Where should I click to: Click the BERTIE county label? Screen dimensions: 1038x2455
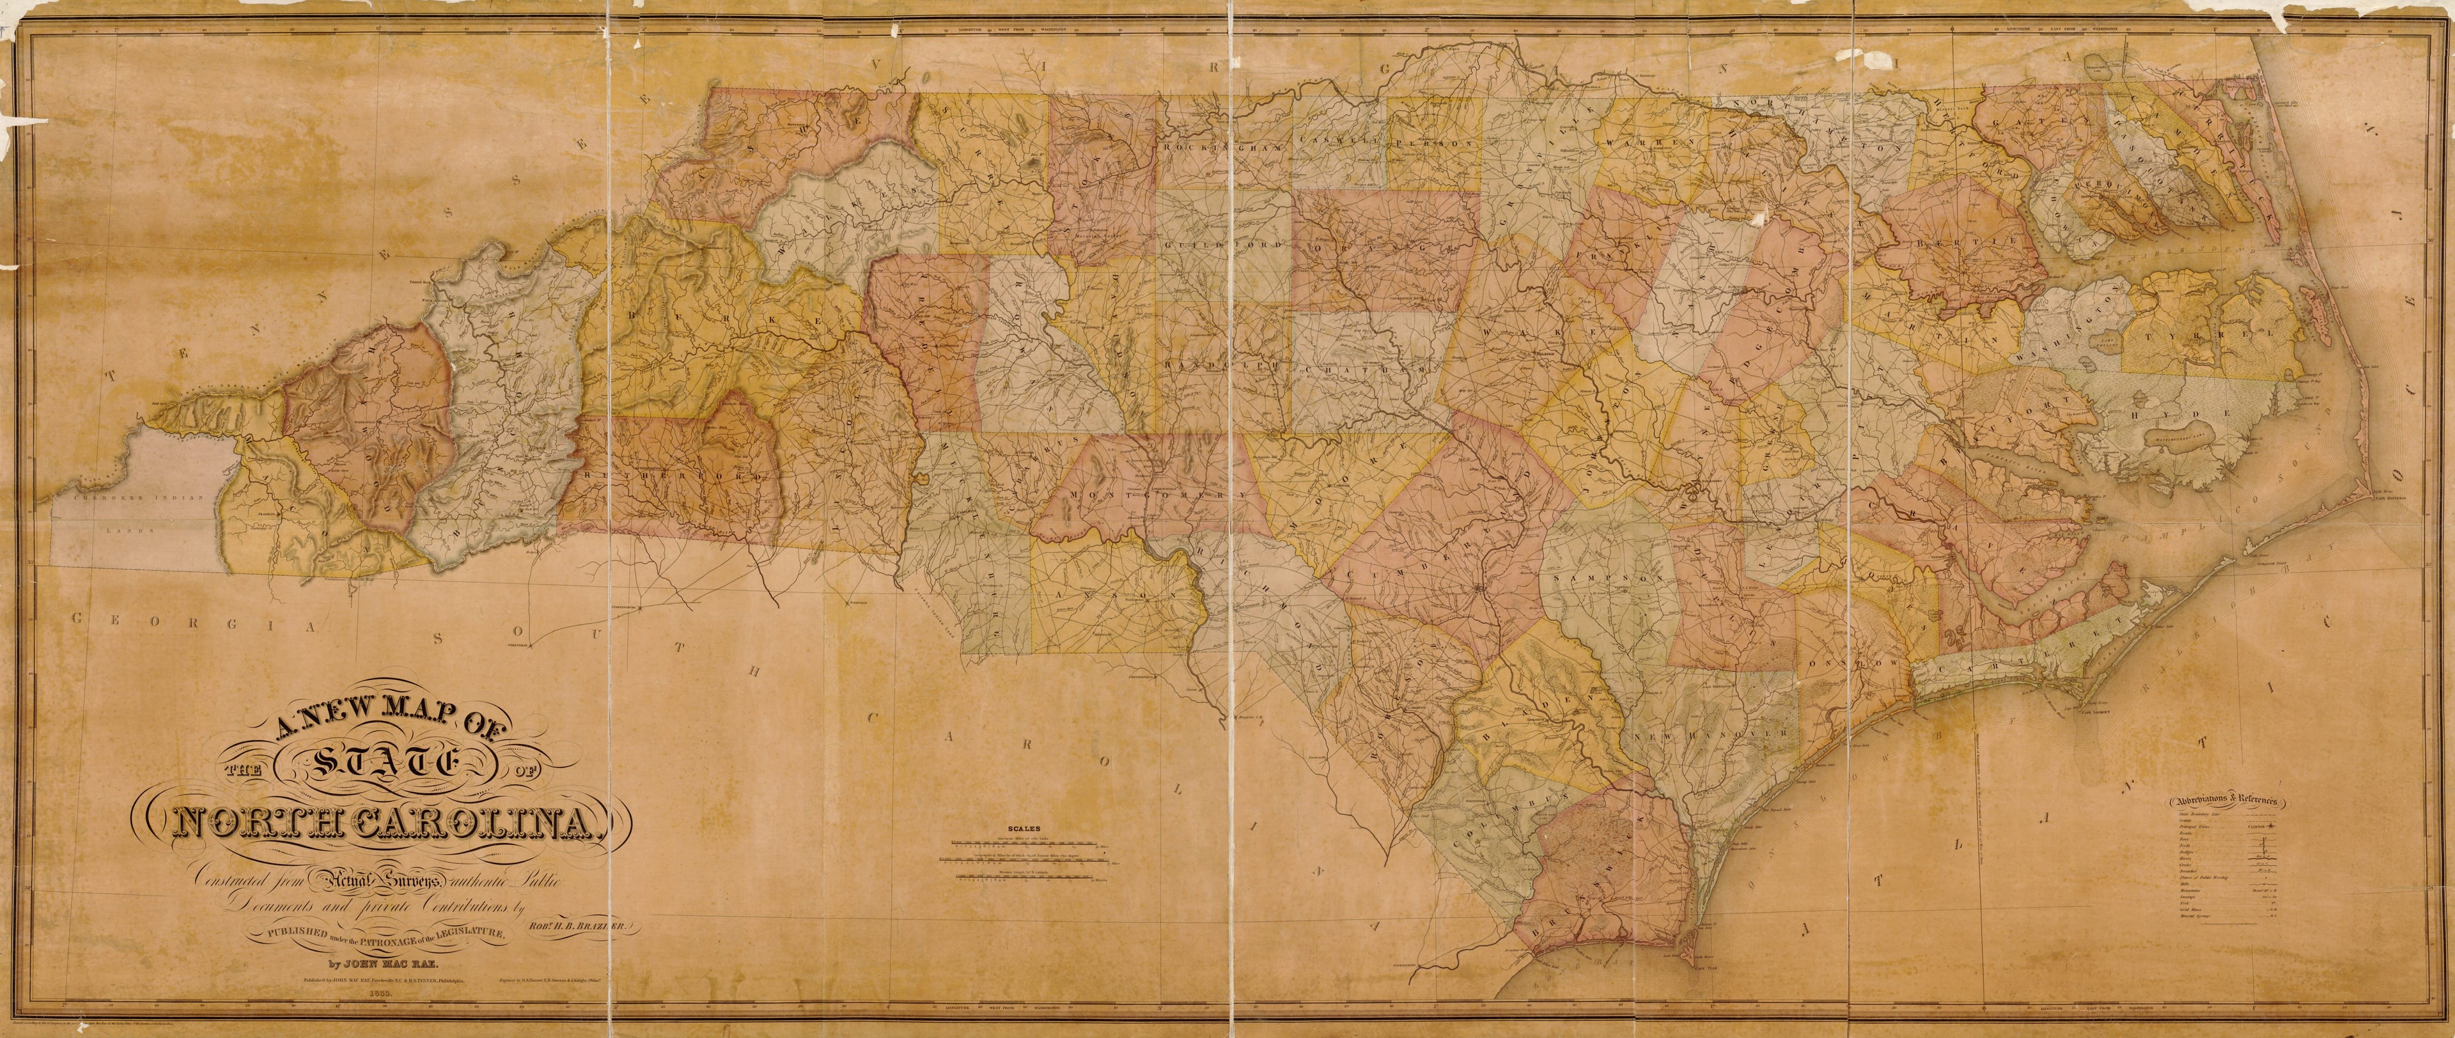[x=1963, y=241]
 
